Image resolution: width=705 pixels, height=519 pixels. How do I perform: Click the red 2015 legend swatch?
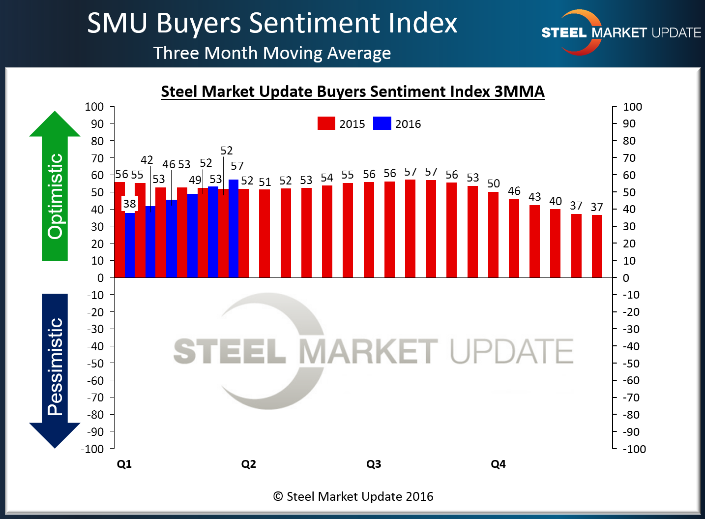point(326,123)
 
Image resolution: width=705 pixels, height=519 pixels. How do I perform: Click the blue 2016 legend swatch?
point(382,123)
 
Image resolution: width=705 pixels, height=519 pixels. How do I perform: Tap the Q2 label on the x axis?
point(248,464)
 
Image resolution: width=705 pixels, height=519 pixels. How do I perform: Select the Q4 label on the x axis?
point(498,464)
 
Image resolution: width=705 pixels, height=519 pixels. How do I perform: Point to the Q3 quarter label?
point(374,464)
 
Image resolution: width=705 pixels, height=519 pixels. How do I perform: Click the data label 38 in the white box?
point(129,204)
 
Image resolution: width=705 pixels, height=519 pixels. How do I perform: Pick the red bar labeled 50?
point(493,235)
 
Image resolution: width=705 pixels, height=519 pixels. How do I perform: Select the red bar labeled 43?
point(534,241)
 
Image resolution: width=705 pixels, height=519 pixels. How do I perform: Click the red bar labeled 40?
point(555,244)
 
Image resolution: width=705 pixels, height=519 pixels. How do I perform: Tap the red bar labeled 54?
point(327,231)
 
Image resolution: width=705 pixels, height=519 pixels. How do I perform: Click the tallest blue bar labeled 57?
point(234,229)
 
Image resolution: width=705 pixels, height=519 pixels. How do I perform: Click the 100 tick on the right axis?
point(632,107)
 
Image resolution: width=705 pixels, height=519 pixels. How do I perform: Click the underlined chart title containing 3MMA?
point(352,92)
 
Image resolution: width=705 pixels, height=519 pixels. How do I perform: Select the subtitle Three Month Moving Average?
point(272,53)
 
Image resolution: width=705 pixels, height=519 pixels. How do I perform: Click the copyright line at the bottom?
point(353,496)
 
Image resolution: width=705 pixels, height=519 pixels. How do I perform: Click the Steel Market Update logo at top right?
point(620,32)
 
